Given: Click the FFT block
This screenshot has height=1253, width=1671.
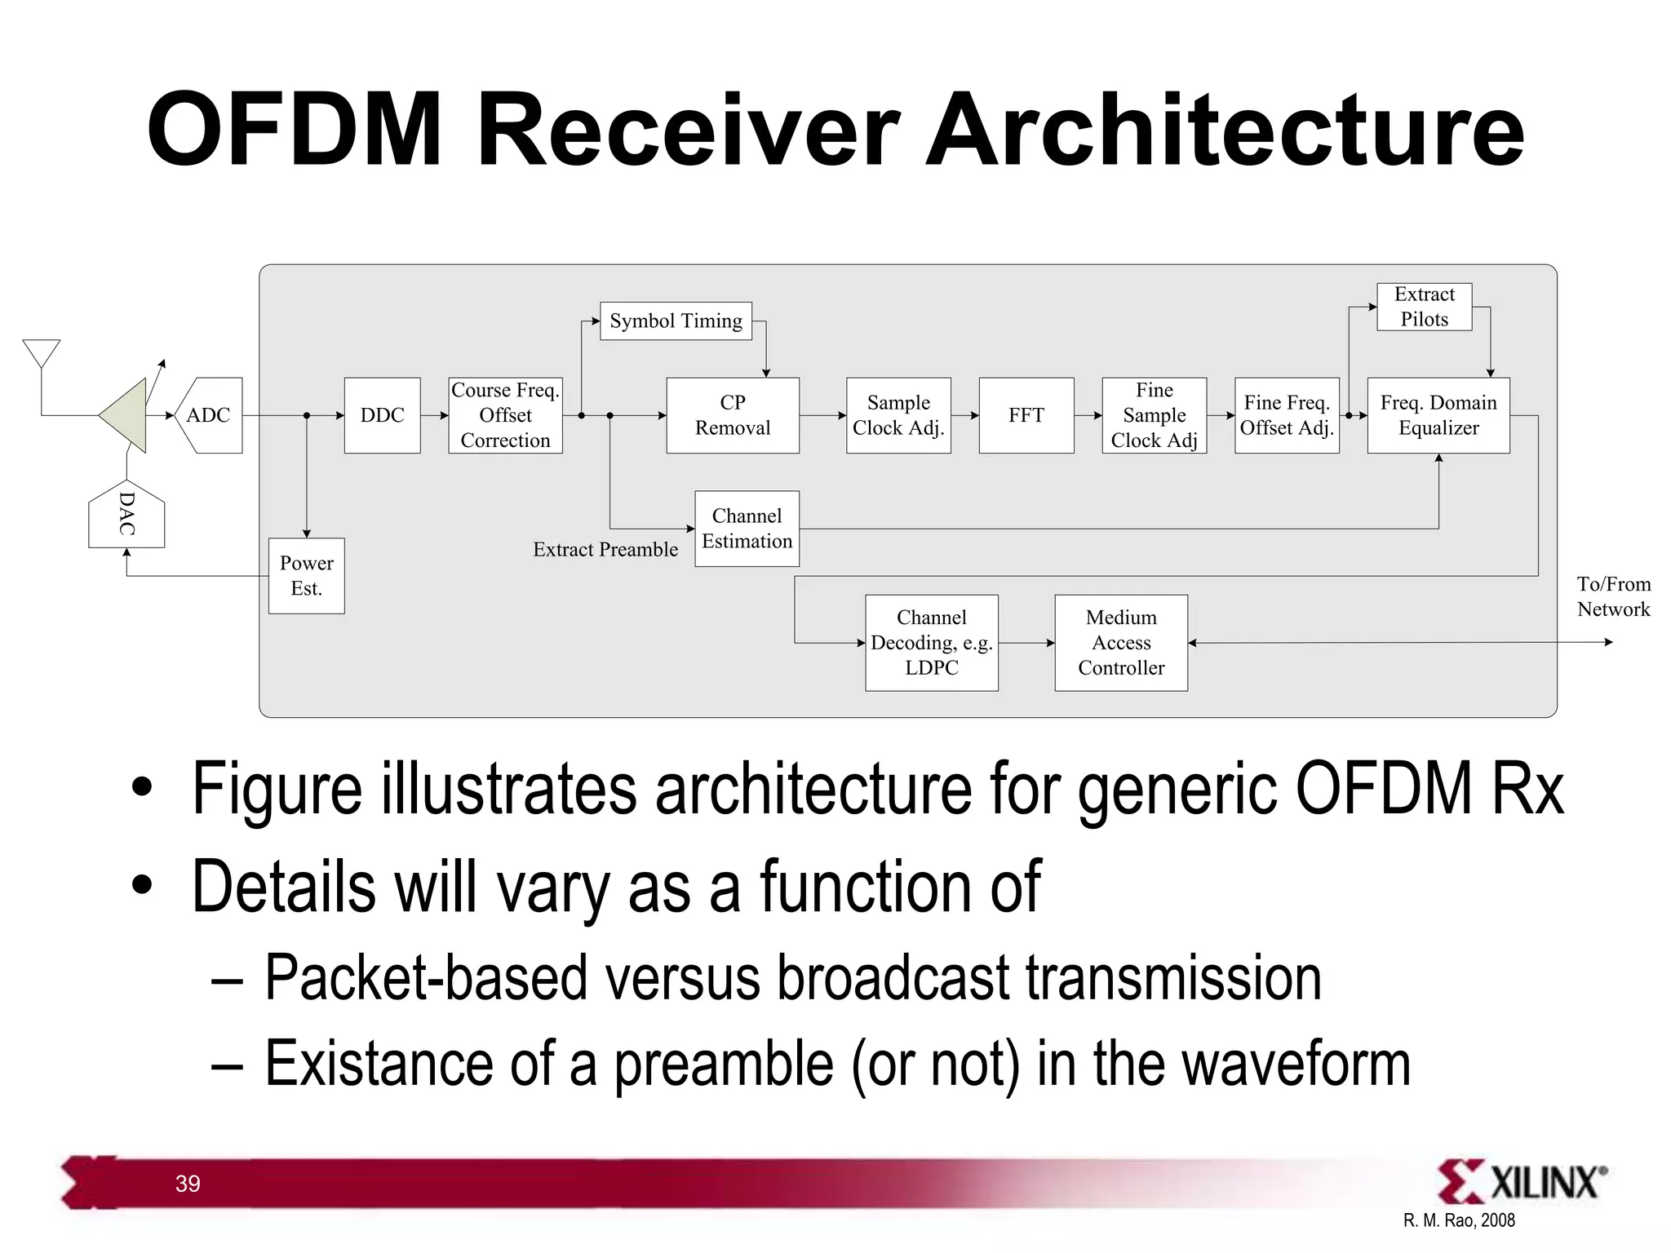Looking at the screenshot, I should point(1026,415).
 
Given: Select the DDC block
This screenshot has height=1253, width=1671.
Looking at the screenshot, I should point(382,415).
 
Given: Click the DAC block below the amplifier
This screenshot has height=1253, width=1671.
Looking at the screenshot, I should point(126,515).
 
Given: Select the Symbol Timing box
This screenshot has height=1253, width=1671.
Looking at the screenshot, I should point(676,321).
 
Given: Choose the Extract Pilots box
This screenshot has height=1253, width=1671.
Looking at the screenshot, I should point(1424,307).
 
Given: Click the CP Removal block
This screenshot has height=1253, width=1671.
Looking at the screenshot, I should point(732,415).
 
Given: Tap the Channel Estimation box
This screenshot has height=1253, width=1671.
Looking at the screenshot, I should point(747,529).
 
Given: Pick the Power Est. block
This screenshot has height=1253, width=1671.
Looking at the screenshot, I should point(307,576).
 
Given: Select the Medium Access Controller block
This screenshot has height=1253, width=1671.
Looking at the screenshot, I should point(1120,643).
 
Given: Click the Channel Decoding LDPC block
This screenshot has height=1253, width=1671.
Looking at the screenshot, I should point(931,643).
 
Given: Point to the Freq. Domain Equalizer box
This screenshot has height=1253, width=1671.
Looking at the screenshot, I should point(1438,415).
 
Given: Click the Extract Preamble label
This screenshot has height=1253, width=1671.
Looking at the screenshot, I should point(605,550).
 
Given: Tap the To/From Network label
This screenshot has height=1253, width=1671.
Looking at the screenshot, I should point(1612,596).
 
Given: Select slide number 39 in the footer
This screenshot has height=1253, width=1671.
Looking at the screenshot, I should point(188,1184).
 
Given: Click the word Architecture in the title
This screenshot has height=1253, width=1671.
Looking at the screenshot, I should point(1224,131).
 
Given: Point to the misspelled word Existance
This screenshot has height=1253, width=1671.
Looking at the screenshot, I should point(379,1064).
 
